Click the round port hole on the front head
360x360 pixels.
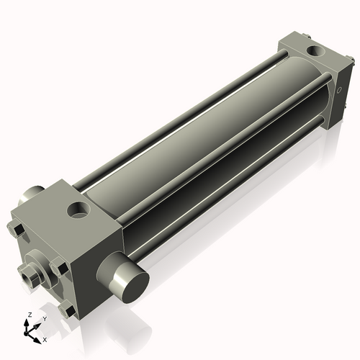point(77,211)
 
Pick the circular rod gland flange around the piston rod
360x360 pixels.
point(40,268)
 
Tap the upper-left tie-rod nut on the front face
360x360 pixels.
point(17,230)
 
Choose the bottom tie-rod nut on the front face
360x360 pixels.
point(68,310)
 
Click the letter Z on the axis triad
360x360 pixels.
point(28,315)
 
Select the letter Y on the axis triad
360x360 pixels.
point(45,319)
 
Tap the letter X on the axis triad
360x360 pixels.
point(45,338)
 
